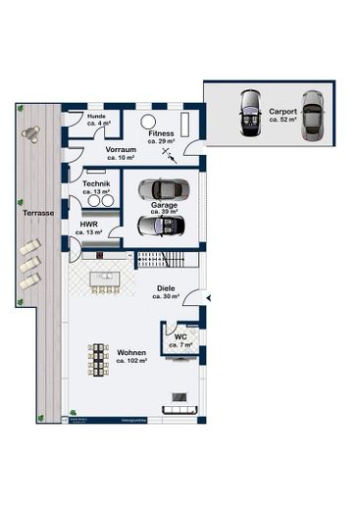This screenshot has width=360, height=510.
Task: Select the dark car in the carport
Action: coord(250,113)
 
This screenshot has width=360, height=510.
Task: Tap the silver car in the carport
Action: coord(312,114)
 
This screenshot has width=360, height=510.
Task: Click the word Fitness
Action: coord(160,132)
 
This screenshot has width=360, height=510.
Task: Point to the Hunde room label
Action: coord(96,117)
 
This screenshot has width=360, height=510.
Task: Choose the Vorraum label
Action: coord(121,150)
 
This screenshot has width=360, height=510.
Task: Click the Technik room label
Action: coord(96,184)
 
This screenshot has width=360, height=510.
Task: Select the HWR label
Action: coord(88,225)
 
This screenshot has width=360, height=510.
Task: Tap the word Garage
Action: coord(164,206)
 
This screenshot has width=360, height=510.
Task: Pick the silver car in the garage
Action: coord(159,189)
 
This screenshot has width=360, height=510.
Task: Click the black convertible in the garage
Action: coord(159,225)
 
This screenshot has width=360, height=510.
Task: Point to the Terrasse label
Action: coord(38,212)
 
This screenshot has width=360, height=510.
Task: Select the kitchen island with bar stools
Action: coord(105,280)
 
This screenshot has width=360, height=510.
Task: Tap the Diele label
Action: coord(166,288)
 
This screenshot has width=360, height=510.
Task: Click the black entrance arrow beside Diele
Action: coord(208,296)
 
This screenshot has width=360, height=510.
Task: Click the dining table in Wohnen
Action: coord(98,359)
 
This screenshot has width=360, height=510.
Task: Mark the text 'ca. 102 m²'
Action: coord(131,361)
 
